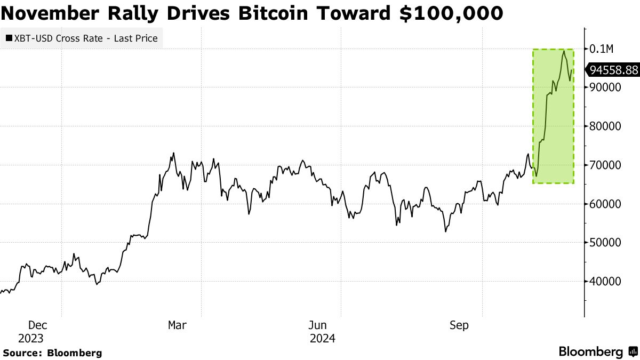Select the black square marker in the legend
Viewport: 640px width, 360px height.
point(9,38)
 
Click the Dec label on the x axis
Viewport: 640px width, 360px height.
point(37,325)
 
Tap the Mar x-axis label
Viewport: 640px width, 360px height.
point(177,325)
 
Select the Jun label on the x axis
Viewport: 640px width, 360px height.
point(317,325)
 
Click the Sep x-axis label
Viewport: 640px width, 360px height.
point(459,325)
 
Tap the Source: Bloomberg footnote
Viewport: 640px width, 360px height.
point(53,353)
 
